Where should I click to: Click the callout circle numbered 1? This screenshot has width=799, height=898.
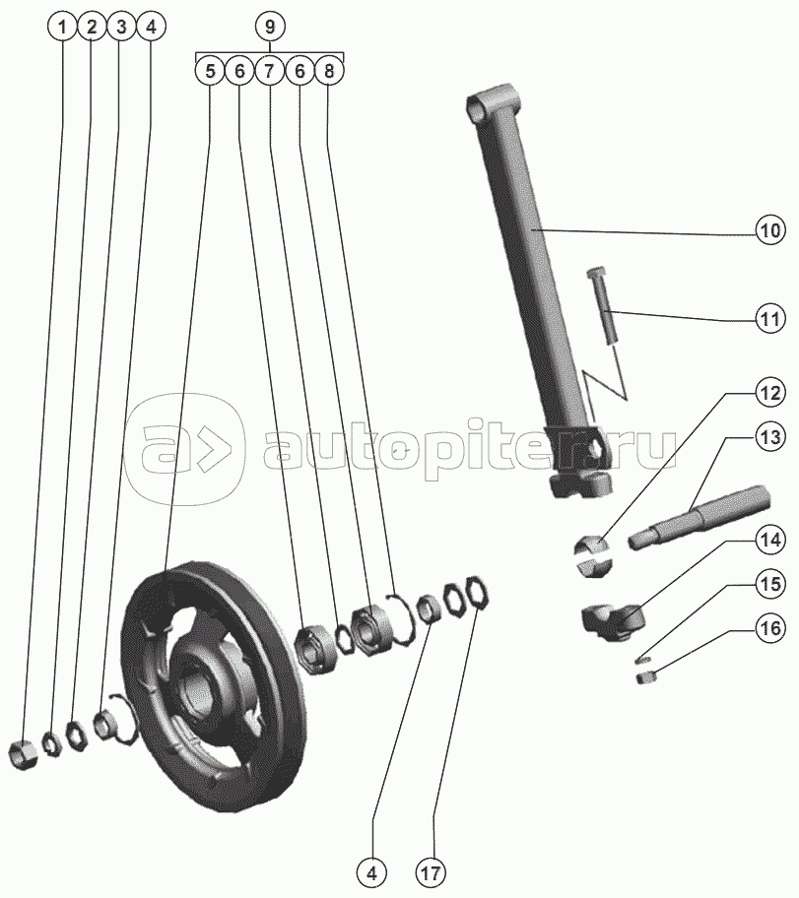[x=62, y=27]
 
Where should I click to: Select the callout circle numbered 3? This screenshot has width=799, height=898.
[x=121, y=27]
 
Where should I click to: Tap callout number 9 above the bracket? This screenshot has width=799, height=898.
[x=269, y=27]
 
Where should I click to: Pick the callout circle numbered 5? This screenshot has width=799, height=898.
[x=210, y=71]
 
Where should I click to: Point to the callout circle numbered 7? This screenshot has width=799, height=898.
[x=269, y=71]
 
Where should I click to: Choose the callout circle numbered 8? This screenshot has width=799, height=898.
[x=328, y=71]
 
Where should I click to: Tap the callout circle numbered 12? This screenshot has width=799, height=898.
[x=770, y=394]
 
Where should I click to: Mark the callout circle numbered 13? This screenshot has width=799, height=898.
[x=770, y=437]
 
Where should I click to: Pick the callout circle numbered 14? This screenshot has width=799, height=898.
[x=770, y=540]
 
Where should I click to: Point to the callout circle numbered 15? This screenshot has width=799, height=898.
[x=770, y=584]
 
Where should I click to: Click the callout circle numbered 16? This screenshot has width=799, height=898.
[x=770, y=628]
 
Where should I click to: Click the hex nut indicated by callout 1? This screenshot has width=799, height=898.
[x=24, y=754]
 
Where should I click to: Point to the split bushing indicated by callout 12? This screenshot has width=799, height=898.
[x=593, y=555]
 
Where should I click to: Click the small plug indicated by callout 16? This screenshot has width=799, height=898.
[x=646, y=678]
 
